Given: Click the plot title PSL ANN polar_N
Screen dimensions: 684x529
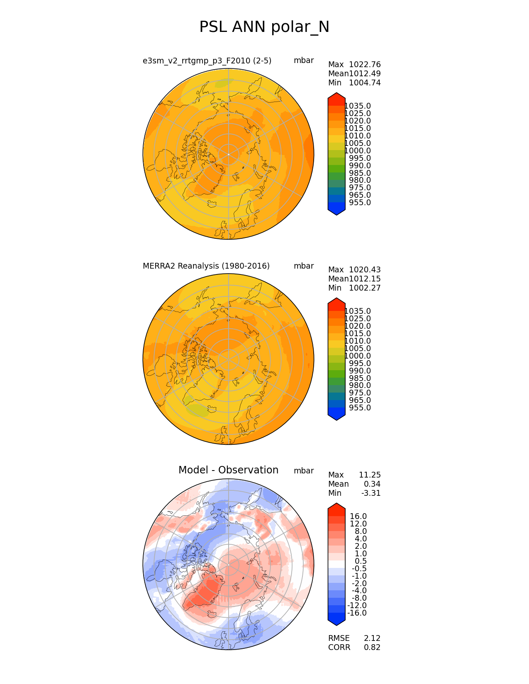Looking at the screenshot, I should point(264,27).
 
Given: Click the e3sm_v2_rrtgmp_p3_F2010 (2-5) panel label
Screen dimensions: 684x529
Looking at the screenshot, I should point(207,61).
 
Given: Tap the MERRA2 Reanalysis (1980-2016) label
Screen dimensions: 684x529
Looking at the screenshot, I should point(206,266).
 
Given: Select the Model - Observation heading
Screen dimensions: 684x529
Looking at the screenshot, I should point(228,470).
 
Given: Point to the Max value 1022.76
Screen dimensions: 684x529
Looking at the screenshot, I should point(365,65).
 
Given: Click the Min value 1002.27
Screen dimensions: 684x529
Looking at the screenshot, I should point(365,288).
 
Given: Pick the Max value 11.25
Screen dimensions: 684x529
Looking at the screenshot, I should point(370,475).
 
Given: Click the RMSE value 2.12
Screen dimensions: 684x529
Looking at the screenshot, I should point(372,638).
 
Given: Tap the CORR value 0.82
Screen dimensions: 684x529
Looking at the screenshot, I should point(372,648).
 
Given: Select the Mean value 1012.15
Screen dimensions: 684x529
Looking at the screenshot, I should point(365,279).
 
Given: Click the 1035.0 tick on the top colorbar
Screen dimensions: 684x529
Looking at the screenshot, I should point(358,106).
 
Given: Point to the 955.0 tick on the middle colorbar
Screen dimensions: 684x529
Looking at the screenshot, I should point(360,408).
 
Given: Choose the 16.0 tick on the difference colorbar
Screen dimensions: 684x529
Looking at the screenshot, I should point(358,517).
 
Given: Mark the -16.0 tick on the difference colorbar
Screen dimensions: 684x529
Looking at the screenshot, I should point(357,613).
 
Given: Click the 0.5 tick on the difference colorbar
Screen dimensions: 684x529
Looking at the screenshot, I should point(360,561).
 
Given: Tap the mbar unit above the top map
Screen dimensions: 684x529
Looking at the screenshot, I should point(304,61).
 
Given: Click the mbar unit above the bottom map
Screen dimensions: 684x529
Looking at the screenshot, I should point(304,471).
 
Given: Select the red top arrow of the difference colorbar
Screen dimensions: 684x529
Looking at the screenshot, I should point(336,507).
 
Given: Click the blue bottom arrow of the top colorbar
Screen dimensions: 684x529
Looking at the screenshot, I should point(336,211).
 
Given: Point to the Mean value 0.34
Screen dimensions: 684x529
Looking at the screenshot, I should point(372,484).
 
